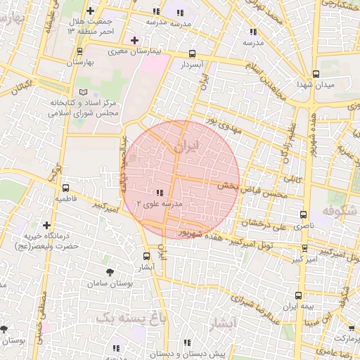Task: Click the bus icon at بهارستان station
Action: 79,51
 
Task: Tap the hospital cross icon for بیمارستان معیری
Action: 134,40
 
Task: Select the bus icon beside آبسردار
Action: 193,53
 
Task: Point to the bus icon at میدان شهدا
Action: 316,74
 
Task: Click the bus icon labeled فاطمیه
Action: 65,188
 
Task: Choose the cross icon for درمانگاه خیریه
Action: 46,225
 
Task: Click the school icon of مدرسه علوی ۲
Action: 160,192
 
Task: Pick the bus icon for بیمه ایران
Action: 299,296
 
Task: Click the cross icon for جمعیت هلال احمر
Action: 90,11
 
